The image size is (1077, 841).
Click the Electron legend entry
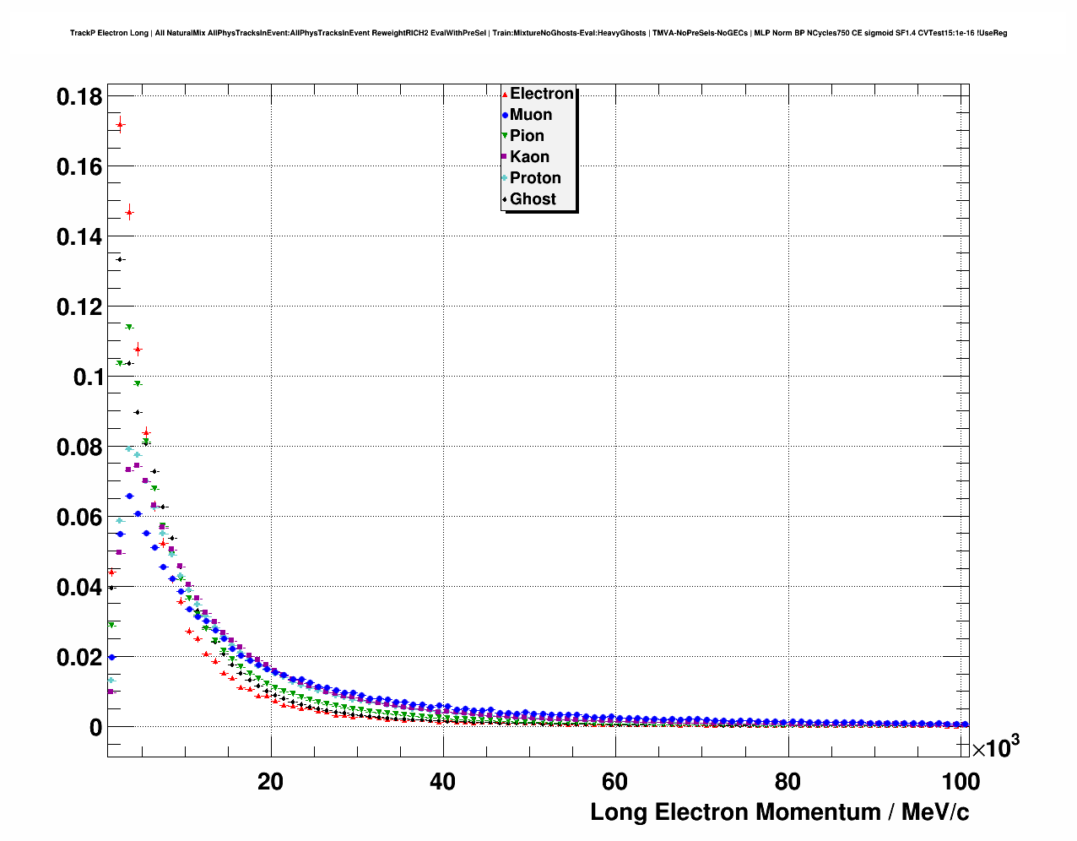[x=541, y=94]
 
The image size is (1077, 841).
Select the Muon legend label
[x=530, y=115]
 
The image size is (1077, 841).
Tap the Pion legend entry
[x=527, y=136]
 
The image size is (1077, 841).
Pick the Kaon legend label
[x=529, y=157]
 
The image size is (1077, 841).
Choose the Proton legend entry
[x=535, y=178]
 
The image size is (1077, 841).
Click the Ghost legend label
[x=533, y=199]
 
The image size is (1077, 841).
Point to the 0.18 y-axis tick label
[x=79, y=97]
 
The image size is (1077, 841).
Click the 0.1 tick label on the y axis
[x=87, y=377]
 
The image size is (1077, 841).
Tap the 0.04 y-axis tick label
[x=79, y=587]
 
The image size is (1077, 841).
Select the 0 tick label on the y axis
[x=95, y=727]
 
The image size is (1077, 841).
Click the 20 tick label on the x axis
[x=270, y=782]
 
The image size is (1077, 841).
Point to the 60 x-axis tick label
[x=614, y=782]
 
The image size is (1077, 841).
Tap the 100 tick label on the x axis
[x=961, y=782]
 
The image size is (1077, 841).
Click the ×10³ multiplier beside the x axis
[x=996, y=747]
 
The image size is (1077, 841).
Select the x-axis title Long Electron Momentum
[x=779, y=812]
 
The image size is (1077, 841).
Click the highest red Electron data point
[x=120, y=125]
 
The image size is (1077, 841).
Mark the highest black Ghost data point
[x=120, y=259]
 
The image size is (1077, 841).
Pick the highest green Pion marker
[x=129, y=327]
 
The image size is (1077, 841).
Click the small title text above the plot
[x=538, y=33]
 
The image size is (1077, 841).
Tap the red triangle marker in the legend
[x=505, y=95]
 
